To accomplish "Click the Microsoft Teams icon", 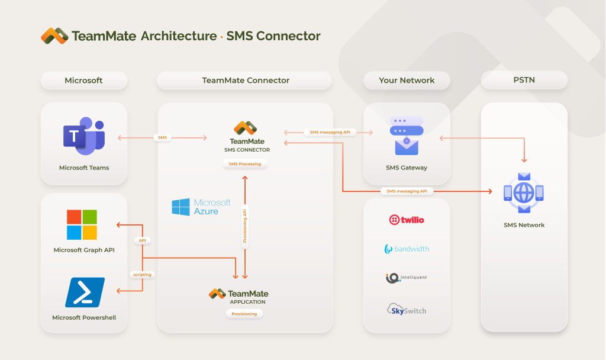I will pyautogui.click(x=83, y=137).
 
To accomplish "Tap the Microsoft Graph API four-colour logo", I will pyautogui.click(x=82, y=224).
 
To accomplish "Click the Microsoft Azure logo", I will pyautogui.click(x=201, y=207).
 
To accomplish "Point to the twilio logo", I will pyautogui.click(x=407, y=220).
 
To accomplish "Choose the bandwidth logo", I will pyautogui.click(x=407, y=249).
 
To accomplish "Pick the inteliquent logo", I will pyautogui.click(x=407, y=278).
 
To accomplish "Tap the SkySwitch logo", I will pyautogui.click(x=407, y=310).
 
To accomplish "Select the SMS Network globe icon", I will pyautogui.click(x=524, y=193).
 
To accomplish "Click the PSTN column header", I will pyautogui.click(x=524, y=81).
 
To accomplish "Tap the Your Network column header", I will pyautogui.click(x=407, y=81).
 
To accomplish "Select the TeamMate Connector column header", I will pyautogui.click(x=246, y=81).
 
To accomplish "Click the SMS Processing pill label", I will pyautogui.click(x=245, y=163).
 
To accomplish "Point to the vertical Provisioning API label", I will pyautogui.click(x=245, y=226).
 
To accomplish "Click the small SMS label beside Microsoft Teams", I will pyautogui.click(x=162, y=137).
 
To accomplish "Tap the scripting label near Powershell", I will pyautogui.click(x=142, y=274).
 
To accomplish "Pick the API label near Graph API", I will pyautogui.click(x=142, y=240).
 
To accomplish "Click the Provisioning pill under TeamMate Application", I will pyautogui.click(x=244, y=314).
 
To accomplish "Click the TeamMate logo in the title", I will pyautogui.click(x=55, y=36).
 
